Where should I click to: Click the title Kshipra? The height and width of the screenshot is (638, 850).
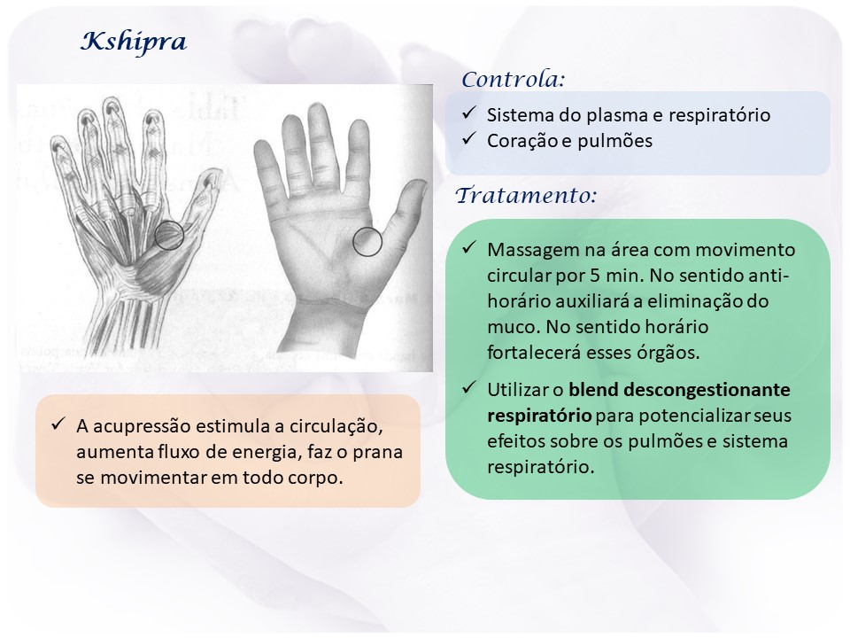[134, 42]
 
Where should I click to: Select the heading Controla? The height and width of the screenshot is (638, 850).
[514, 79]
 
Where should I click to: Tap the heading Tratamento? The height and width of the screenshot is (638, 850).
[526, 195]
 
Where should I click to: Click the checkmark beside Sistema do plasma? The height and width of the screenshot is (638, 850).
[469, 113]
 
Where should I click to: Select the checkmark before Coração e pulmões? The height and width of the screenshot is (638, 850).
[469, 139]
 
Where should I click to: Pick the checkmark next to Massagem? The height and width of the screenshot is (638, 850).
[469, 248]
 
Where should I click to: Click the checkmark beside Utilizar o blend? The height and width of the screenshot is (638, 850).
[469, 388]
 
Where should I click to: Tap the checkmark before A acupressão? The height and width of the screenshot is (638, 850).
[58, 424]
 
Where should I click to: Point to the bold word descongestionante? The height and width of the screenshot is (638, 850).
[679, 390]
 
